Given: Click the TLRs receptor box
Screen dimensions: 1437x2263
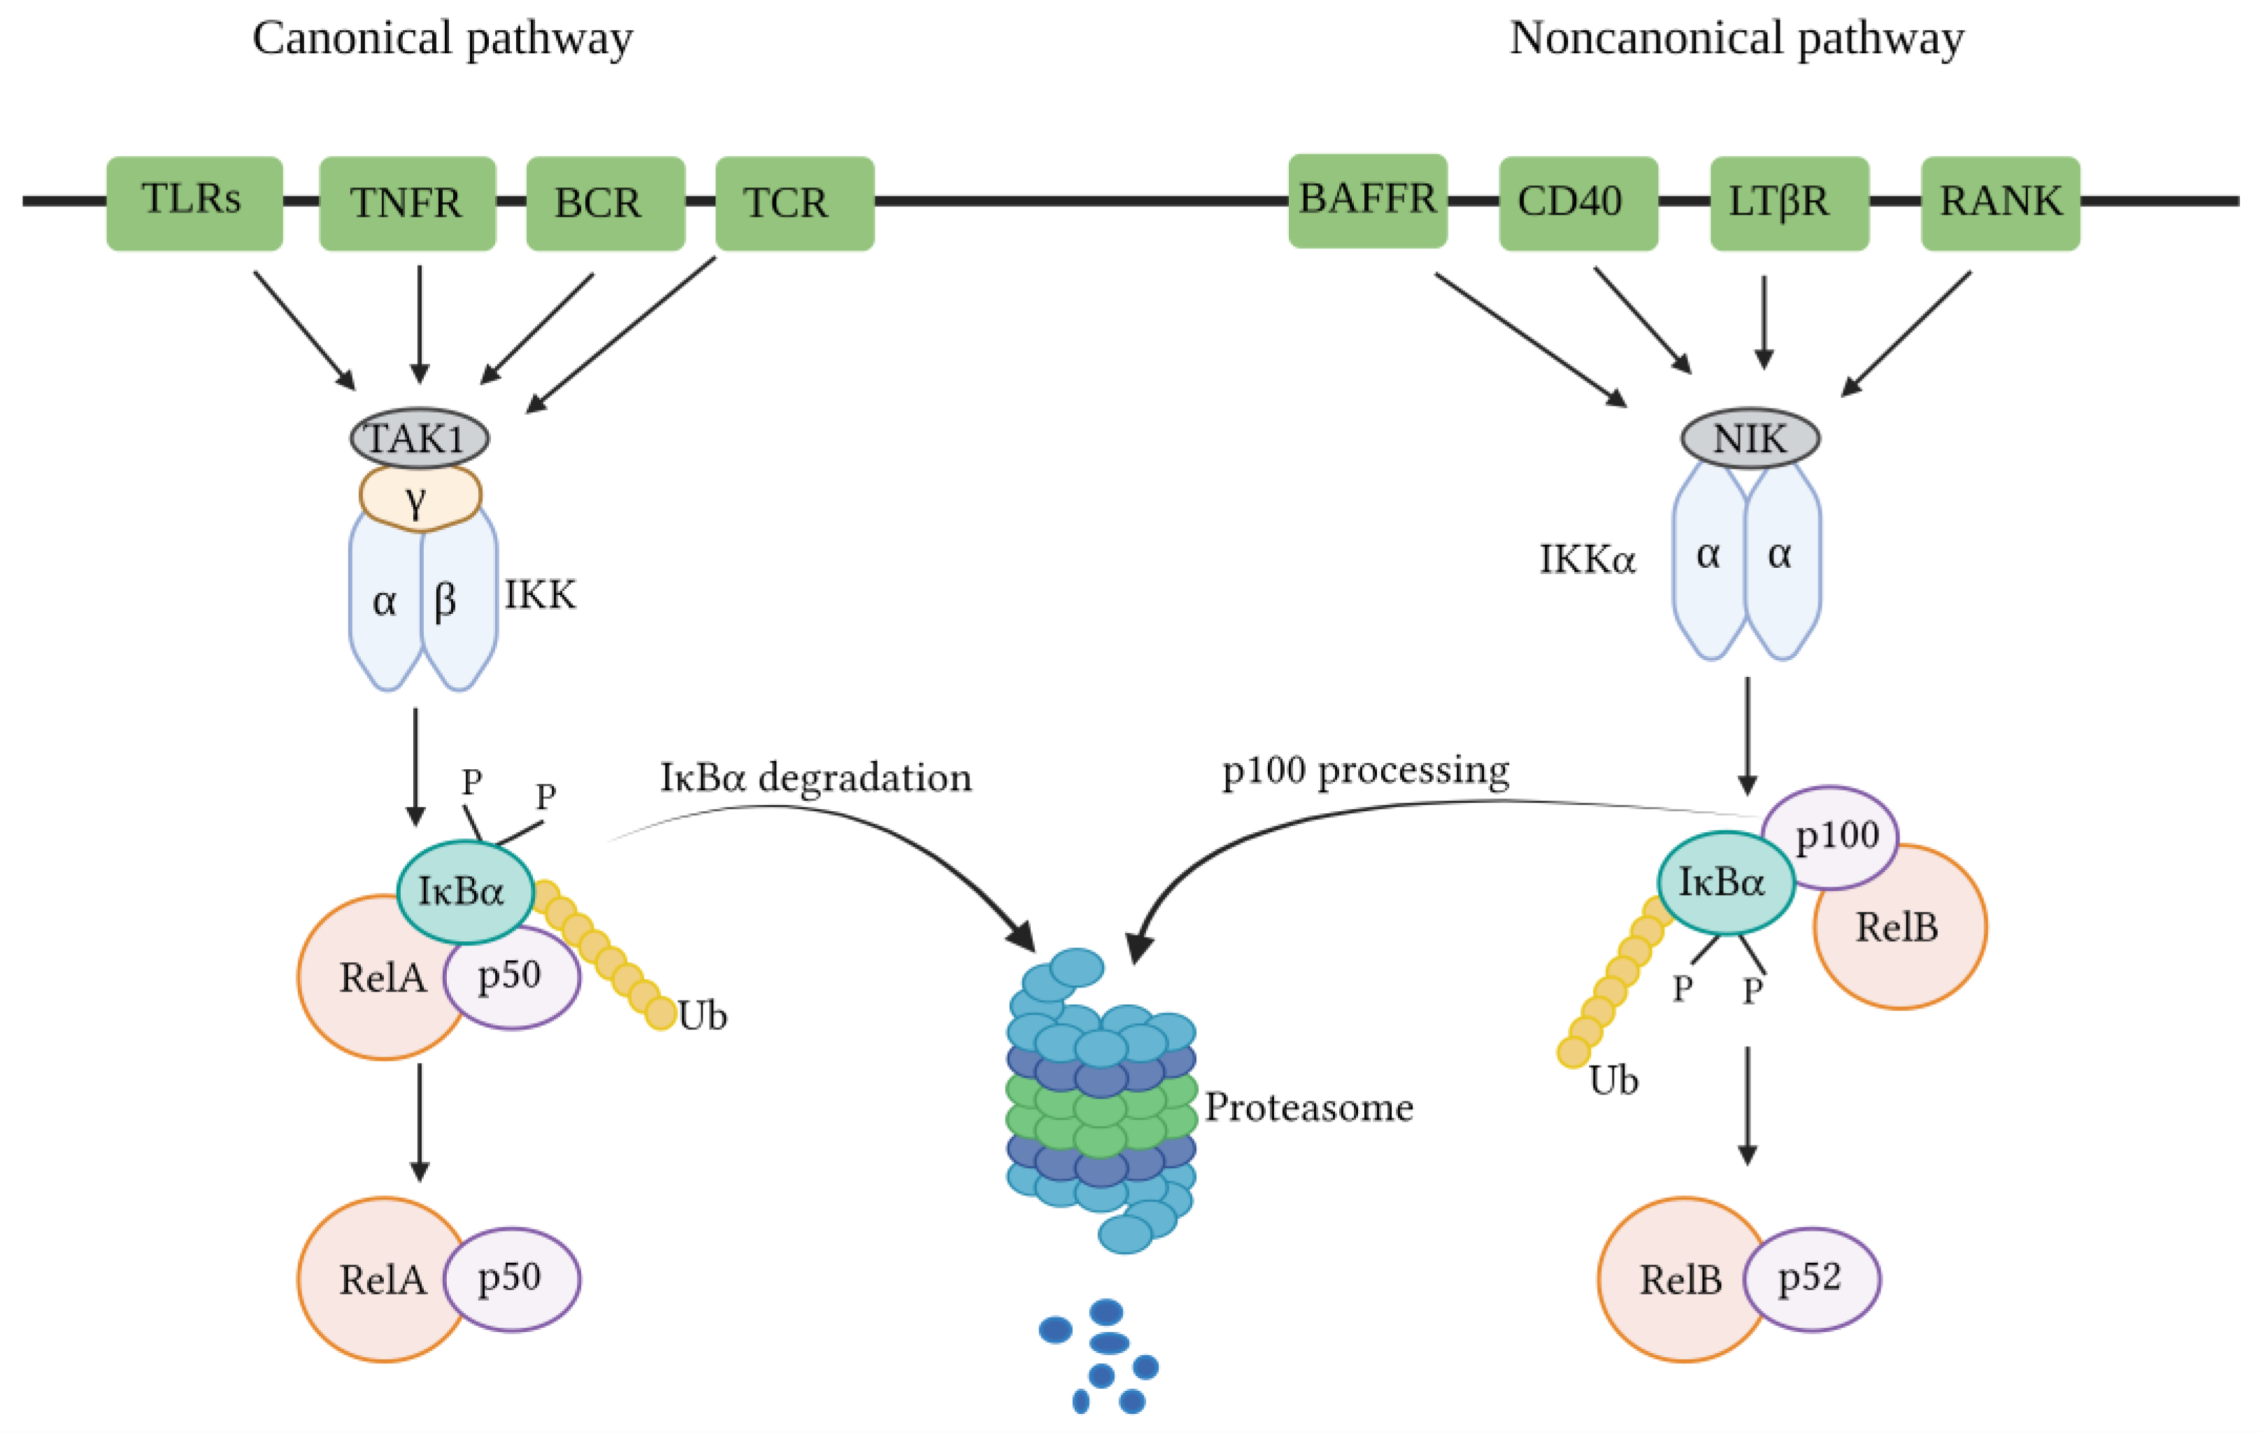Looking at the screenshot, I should click(x=194, y=202).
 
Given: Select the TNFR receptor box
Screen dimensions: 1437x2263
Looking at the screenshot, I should click(x=407, y=203).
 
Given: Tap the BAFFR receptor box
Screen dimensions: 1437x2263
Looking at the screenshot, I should click(x=1367, y=200).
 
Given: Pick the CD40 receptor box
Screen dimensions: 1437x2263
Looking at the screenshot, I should click(x=1578, y=202).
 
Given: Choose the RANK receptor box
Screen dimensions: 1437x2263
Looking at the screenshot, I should click(x=2000, y=202).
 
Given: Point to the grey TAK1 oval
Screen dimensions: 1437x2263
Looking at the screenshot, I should click(x=419, y=438).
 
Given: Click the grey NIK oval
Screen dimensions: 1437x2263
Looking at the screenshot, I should click(x=1750, y=438).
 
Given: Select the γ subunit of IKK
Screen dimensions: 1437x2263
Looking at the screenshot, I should click(x=419, y=498).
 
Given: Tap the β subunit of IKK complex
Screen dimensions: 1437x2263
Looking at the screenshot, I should click(x=459, y=601).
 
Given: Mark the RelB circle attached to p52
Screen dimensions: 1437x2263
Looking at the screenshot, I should click(x=1673, y=1279).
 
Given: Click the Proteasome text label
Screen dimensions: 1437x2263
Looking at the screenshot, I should click(x=1308, y=1107).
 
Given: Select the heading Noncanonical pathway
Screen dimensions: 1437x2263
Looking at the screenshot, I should click(x=1736, y=39).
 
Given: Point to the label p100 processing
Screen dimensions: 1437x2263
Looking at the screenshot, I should click(x=1364, y=771).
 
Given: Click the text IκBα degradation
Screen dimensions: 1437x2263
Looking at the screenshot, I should click(x=815, y=778).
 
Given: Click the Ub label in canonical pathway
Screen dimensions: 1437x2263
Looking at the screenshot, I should click(x=703, y=1016).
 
